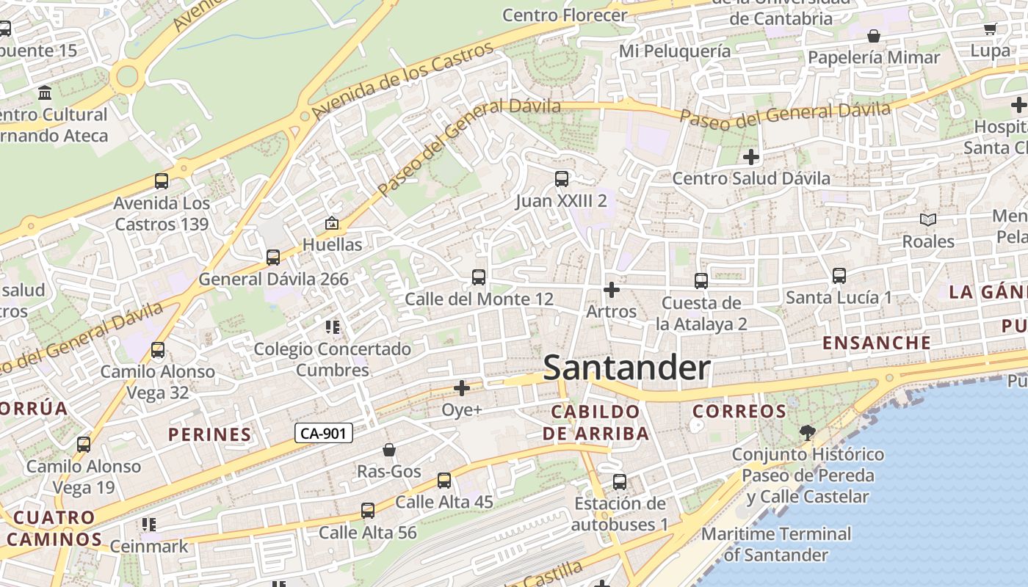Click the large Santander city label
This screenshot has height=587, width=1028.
tap(626, 368)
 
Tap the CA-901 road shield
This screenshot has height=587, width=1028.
tap(325, 434)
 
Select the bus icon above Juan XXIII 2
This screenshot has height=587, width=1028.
tap(562, 178)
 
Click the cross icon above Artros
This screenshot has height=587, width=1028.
tap(611, 290)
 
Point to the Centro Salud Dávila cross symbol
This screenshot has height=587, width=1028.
tap(750, 156)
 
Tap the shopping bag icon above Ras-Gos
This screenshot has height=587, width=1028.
tap(389, 450)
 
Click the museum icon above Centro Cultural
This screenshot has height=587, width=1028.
tap(45, 93)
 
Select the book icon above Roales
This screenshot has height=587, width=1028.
tap(928, 219)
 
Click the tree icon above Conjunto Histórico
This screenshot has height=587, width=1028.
tap(808, 432)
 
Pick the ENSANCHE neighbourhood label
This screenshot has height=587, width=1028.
tap(877, 343)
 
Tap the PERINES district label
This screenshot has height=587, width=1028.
tap(210, 434)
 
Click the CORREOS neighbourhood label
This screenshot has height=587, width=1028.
tap(739, 412)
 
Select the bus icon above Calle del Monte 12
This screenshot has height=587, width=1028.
tap(479, 277)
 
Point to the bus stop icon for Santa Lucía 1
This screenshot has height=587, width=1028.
tap(839, 276)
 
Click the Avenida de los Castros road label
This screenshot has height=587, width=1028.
tap(402, 81)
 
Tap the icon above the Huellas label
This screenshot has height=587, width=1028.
tap(332, 223)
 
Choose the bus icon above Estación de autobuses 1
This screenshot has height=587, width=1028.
tap(620, 482)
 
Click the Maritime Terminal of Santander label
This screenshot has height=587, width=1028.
tap(776, 544)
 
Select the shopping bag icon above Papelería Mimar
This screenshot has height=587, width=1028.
tap(874, 36)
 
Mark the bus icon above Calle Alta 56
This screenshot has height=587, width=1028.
tap(367, 510)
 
